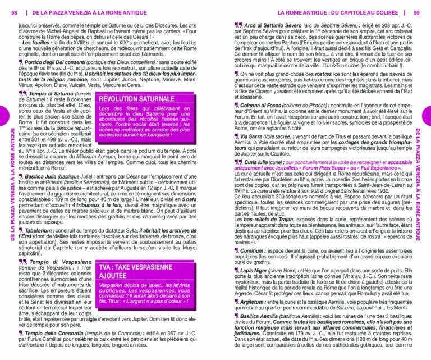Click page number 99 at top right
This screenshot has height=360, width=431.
pyautogui.click(x=416, y=12)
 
